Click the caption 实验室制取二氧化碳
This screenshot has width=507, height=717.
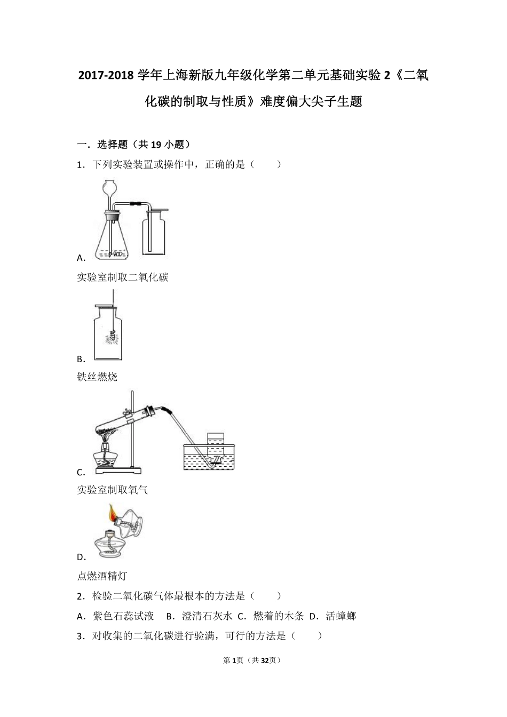point(123,277)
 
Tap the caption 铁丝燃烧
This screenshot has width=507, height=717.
point(97,377)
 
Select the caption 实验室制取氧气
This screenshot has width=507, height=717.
point(113,490)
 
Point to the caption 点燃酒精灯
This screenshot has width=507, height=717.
point(102,576)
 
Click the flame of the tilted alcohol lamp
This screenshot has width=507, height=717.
point(112,513)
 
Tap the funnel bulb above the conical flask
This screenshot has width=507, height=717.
point(110,188)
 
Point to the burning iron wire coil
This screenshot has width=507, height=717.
point(113,338)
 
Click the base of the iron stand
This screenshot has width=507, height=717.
point(119,470)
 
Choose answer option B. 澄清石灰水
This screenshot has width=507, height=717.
point(199,616)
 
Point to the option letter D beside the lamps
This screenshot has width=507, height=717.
point(81,557)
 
